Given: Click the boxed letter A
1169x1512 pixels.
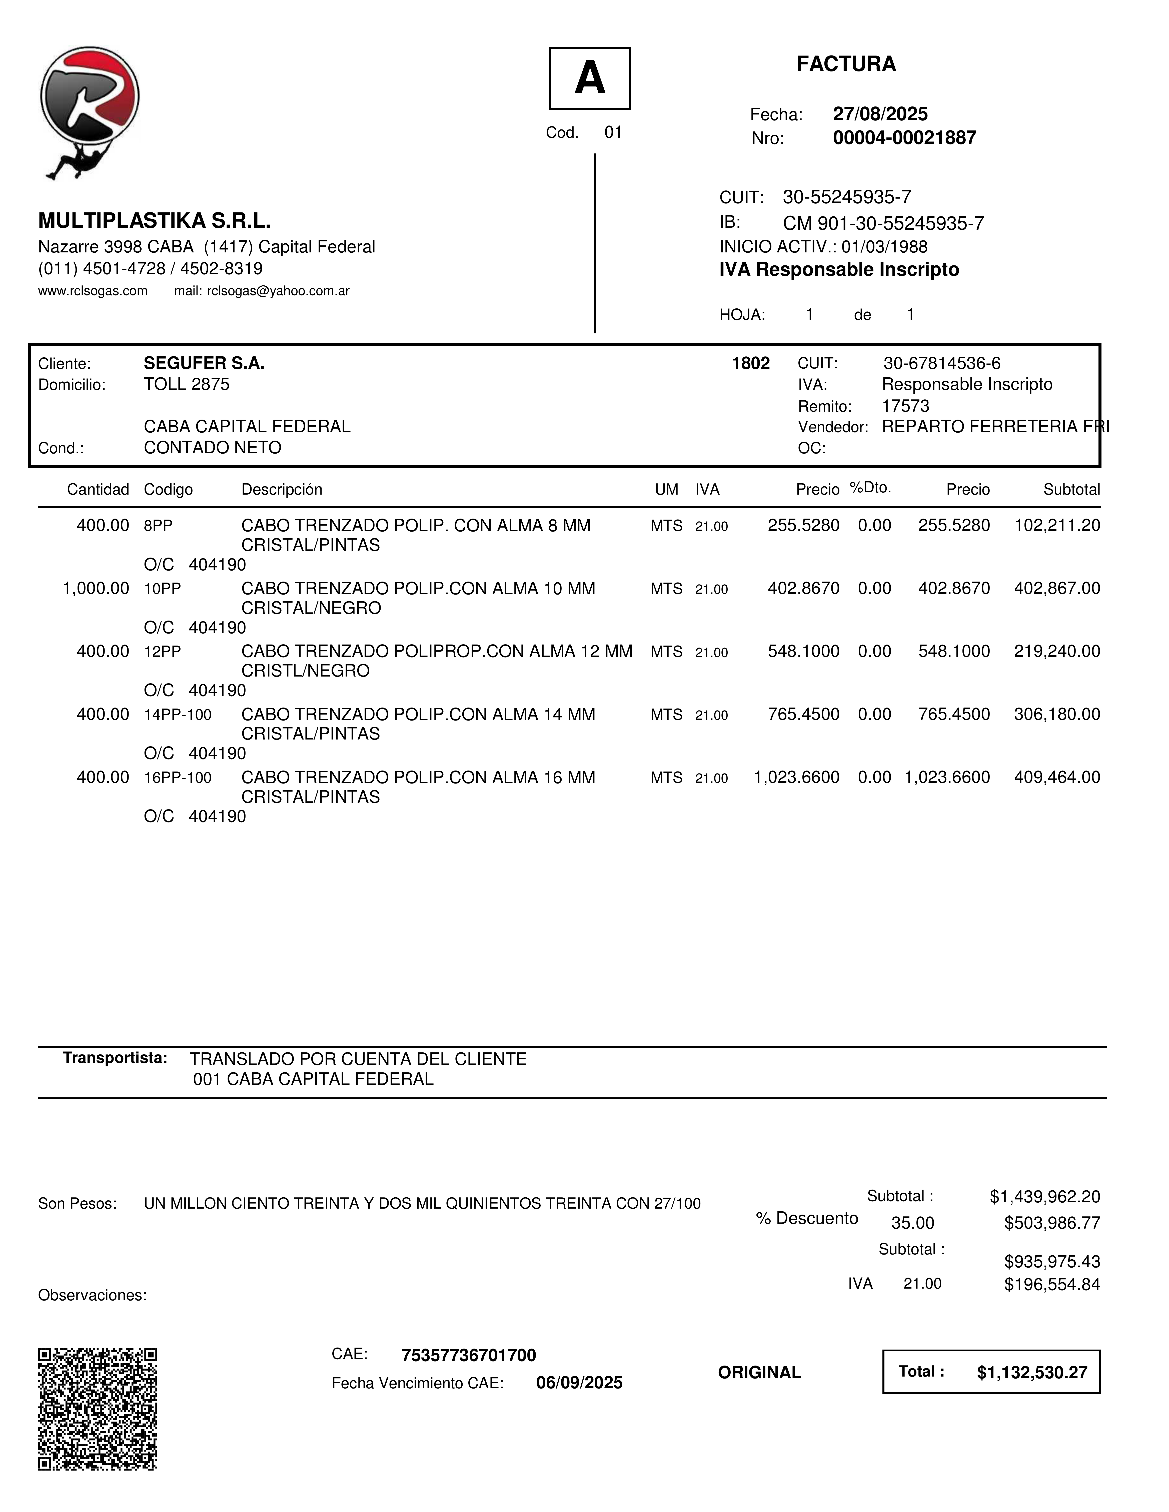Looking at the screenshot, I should coord(589,78).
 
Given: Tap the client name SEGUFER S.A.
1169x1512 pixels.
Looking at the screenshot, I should coord(204,363).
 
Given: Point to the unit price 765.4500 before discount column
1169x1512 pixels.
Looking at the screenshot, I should coord(803,715).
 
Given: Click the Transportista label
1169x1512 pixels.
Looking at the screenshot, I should coord(115,1058).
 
